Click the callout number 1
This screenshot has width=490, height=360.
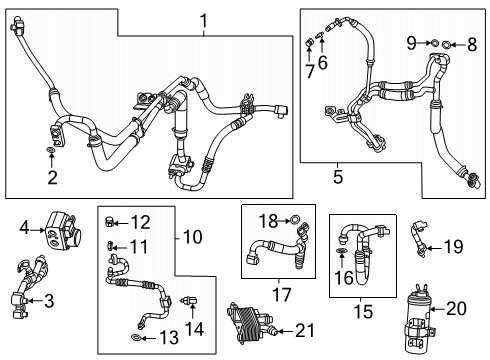click(203, 20)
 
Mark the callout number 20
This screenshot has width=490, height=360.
click(456, 309)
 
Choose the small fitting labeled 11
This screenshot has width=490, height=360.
click(110, 246)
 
